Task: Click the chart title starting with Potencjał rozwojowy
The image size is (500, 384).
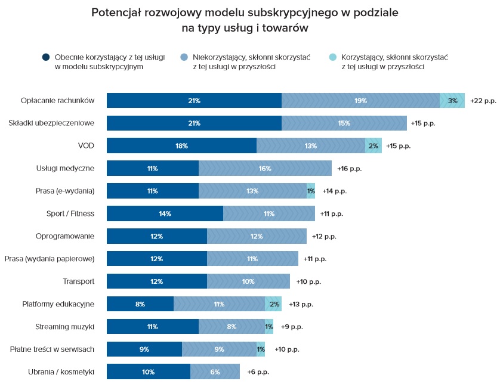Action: pyautogui.click(x=249, y=20)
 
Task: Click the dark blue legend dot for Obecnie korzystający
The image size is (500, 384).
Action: pyautogui.click(x=46, y=57)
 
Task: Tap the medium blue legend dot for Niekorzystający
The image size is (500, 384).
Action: pyautogui.click(x=184, y=57)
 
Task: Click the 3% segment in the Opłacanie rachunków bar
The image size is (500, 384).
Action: pyautogui.click(x=452, y=101)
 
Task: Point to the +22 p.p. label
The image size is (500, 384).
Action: pyautogui.click(x=483, y=101)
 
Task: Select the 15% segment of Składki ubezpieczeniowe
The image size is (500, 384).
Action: pyautogui.click(x=344, y=123)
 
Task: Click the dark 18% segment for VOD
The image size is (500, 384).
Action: pyautogui.click(x=181, y=146)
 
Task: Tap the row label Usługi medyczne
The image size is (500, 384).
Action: pyautogui.click(x=65, y=168)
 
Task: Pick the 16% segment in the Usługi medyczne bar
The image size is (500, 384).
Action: pyautogui.click(x=265, y=169)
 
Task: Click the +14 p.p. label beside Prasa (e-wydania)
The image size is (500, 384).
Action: pyautogui.click(x=334, y=191)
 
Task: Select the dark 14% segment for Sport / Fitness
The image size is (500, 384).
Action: pyautogui.click(x=165, y=213)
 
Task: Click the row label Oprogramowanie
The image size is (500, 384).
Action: pyautogui.click(x=65, y=236)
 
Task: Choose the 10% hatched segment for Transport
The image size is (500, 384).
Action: pyautogui.click(x=248, y=281)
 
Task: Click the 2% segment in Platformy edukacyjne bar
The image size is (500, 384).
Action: pyautogui.click(x=273, y=304)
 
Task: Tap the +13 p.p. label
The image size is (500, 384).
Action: pyautogui.click(x=301, y=304)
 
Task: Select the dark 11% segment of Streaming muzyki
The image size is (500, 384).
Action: pyautogui.click(x=152, y=327)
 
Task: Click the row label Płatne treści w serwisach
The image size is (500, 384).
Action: pyautogui.click(x=53, y=349)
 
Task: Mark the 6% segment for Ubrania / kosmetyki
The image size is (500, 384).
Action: pyautogui.click(x=215, y=372)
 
